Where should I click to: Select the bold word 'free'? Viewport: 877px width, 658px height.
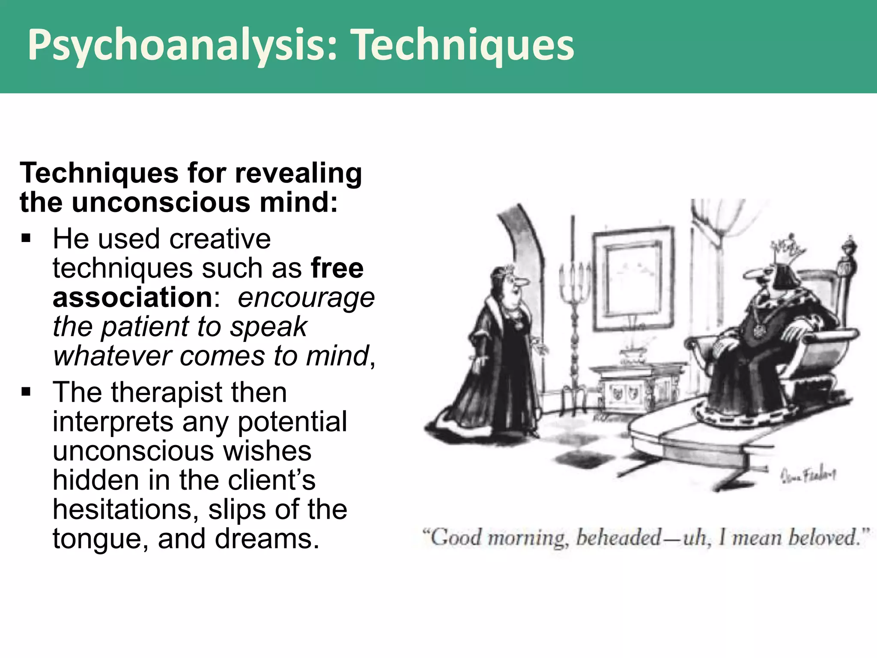(337, 269)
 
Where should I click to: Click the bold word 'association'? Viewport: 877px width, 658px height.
(132, 298)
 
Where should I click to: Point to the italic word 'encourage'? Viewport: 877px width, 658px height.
(306, 298)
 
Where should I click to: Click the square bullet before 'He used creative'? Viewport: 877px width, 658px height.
(26, 238)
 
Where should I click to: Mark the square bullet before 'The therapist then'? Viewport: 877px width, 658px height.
(26, 392)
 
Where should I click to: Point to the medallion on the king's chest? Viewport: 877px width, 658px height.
(759, 330)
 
